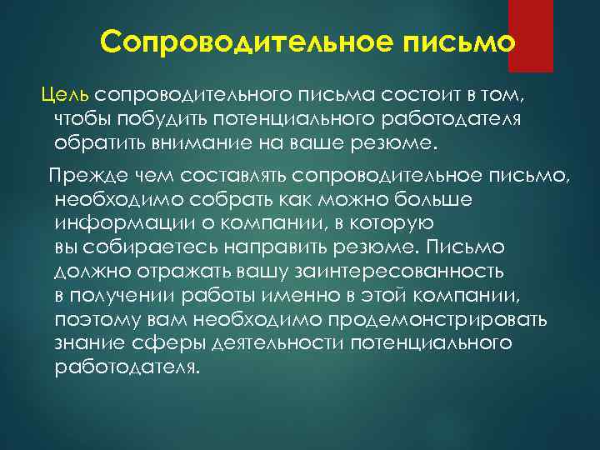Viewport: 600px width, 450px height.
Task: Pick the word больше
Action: coord(432,201)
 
